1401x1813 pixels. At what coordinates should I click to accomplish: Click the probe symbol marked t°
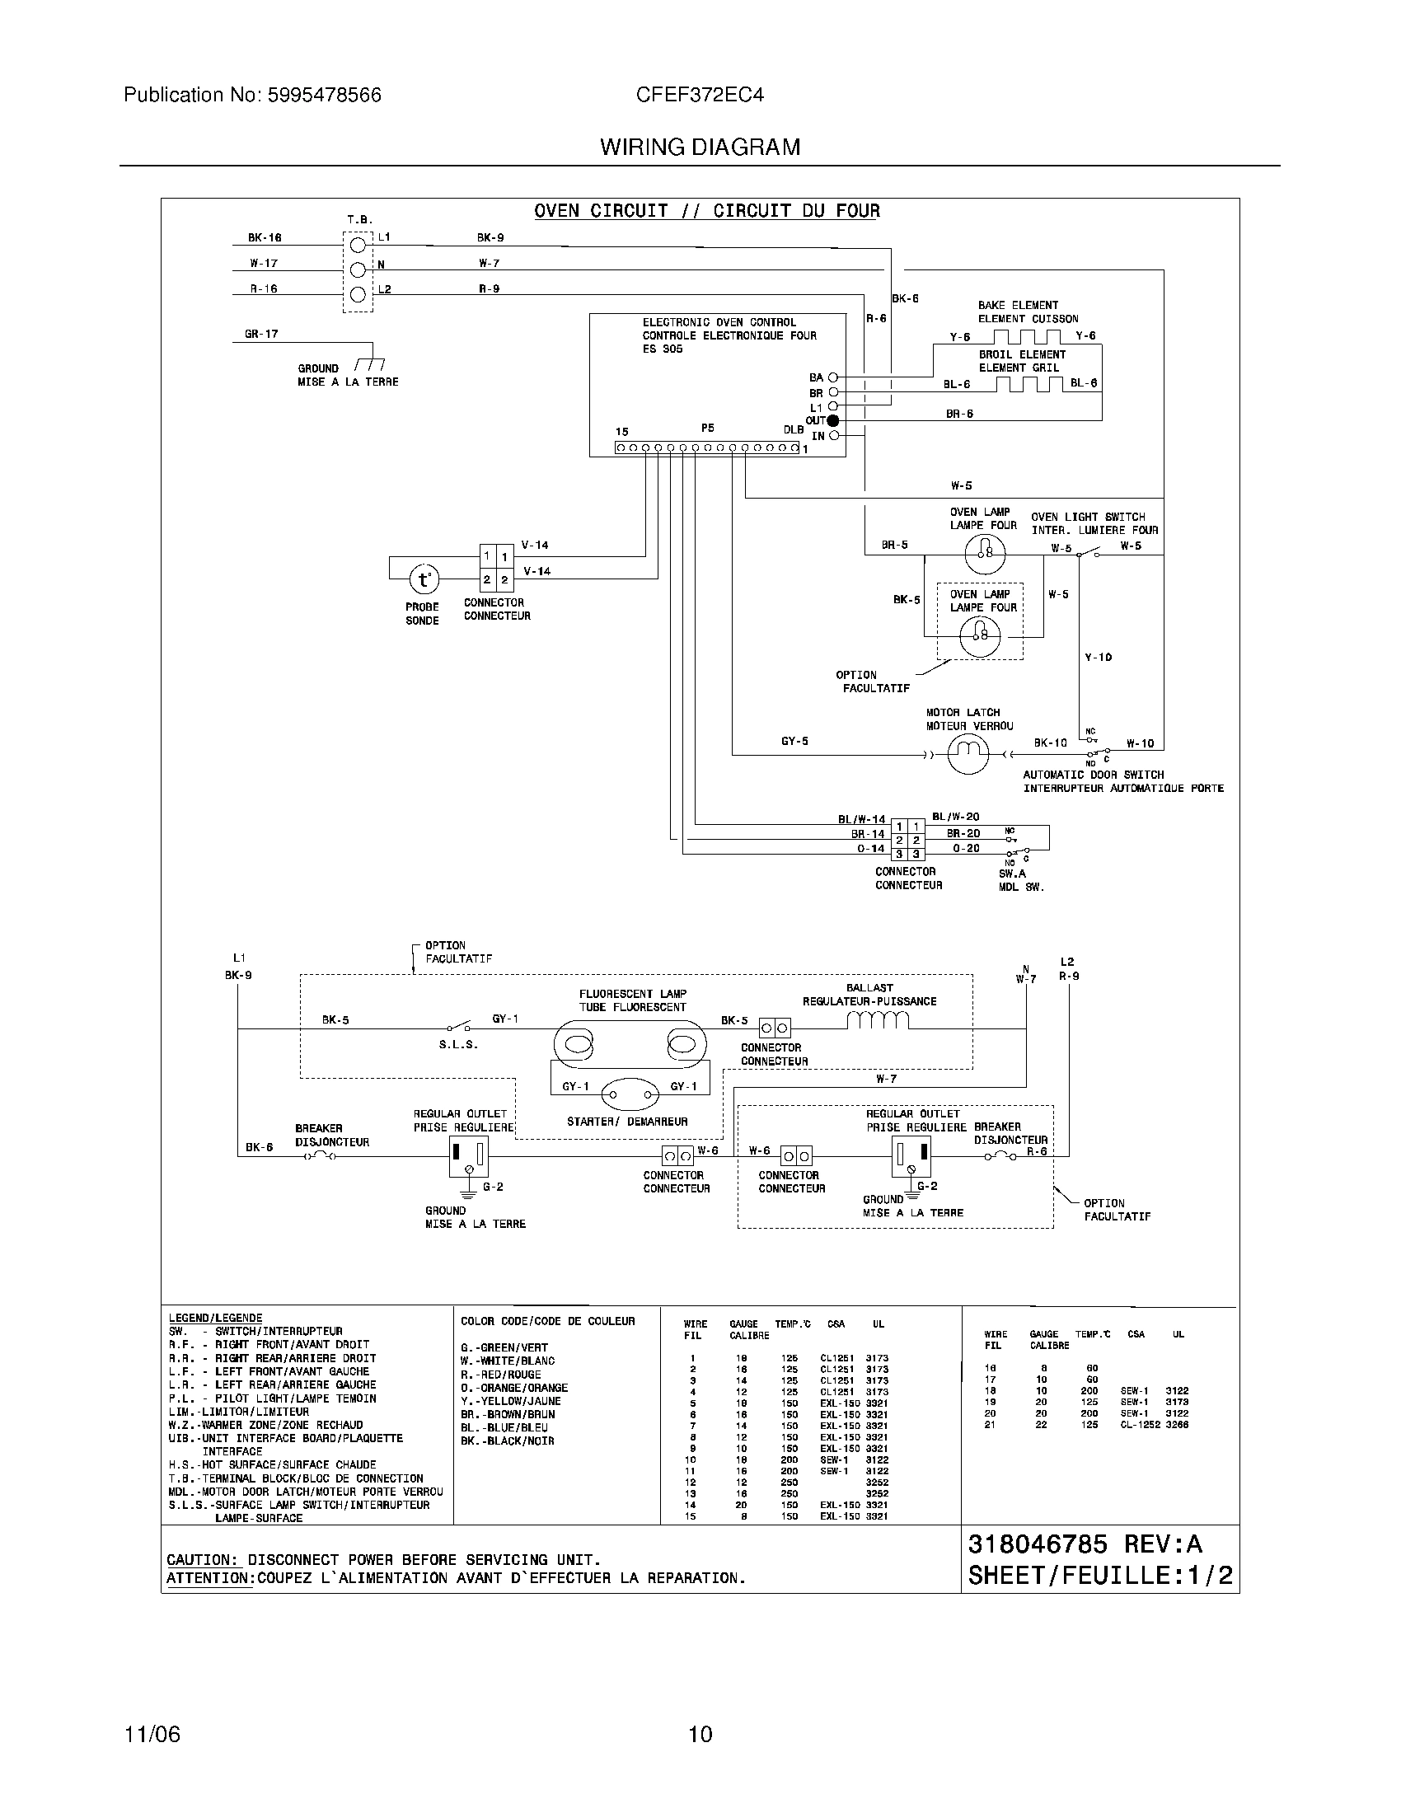pyautogui.click(x=424, y=579)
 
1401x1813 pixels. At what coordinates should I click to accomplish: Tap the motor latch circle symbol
pyautogui.click(x=968, y=754)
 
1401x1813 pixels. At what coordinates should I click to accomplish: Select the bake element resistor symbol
pyautogui.click(x=1028, y=336)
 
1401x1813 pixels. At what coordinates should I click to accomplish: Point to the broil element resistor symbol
pyautogui.click(x=1028, y=383)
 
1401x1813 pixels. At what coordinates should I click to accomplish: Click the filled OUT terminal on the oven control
pyautogui.click(x=833, y=421)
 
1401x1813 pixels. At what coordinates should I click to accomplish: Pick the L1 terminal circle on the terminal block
pyautogui.click(x=358, y=245)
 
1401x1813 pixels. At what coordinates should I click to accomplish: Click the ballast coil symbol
pyautogui.click(x=879, y=1022)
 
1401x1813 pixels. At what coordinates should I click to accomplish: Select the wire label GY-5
pyautogui.click(x=794, y=742)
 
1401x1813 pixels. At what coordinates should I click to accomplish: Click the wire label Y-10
pyautogui.click(x=1098, y=658)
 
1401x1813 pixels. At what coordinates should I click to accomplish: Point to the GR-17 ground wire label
pyautogui.click(x=261, y=335)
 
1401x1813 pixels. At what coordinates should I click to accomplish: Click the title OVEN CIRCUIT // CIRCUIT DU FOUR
pyautogui.click(x=706, y=211)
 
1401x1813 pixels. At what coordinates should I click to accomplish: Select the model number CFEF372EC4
pyautogui.click(x=700, y=96)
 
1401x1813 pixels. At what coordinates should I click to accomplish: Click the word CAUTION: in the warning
pyautogui.click(x=203, y=1560)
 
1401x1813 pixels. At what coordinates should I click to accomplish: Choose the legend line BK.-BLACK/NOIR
pyautogui.click(x=507, y=1441)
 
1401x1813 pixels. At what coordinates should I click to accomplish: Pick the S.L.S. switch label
pyautogui.click(x=458, y=1044)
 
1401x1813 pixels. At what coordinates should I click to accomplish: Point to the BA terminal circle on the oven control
pyautogui.click(x=833, y=377)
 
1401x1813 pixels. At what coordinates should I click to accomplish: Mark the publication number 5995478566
pyautogui.click(x=324, y=96)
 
